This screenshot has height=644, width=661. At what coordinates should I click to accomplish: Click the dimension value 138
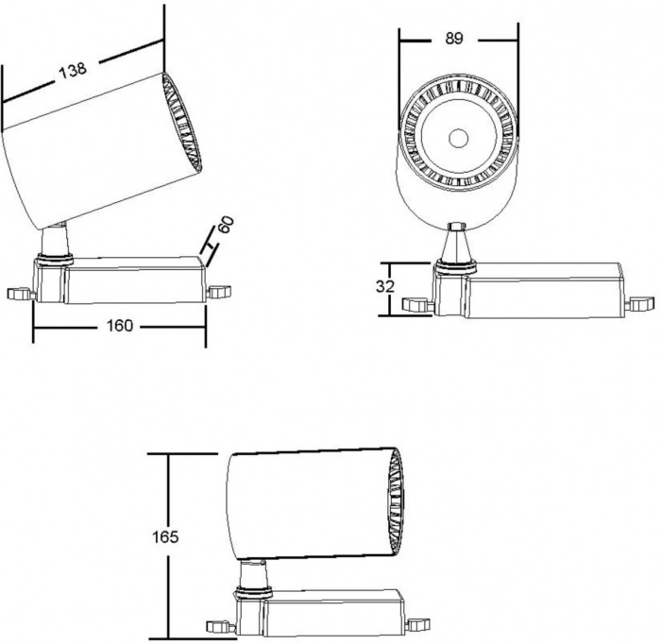[73, 70]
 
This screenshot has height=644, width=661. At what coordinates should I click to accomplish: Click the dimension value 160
[120, 326]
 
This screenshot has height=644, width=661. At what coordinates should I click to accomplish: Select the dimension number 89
[454, 39]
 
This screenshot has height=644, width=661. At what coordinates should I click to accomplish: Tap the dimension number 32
[385, 287]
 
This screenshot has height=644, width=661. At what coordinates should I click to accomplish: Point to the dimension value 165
[165, 537]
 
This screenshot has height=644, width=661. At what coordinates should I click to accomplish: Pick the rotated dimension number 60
[226, 224]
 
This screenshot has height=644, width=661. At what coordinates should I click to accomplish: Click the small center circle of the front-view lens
[458, 138]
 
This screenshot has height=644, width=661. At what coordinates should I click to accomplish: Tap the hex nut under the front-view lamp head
[456, 227]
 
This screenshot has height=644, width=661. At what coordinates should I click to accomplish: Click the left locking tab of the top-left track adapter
[21, 294]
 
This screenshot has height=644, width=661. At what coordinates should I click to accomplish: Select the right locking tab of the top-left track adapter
[220, 292]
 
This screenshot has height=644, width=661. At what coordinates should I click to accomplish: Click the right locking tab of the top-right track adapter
[641, 304]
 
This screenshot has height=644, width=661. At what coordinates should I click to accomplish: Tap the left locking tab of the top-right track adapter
[417, 305]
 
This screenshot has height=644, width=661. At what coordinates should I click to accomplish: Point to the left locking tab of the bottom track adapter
[220, 626]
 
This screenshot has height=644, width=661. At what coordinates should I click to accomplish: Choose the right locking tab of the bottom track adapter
[417, 624]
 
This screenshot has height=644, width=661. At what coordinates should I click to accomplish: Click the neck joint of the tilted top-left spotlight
[55, 241]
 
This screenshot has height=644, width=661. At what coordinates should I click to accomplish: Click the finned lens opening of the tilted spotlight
[182, 122]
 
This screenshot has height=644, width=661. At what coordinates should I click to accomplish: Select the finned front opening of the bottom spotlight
[396, 502]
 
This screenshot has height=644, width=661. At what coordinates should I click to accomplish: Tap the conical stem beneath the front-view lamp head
[456, 246]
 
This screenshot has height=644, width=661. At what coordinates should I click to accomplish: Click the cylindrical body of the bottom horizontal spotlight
[310, 504]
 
